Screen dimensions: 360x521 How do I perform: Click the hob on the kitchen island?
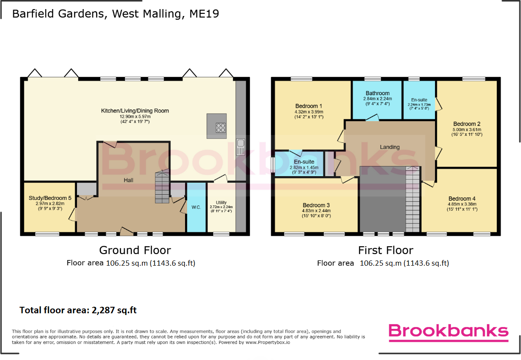(221, 128)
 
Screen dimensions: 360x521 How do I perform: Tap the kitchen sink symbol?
(240, 147)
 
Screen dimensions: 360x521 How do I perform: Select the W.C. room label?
(196, 207)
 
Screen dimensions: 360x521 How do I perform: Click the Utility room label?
(221, 202)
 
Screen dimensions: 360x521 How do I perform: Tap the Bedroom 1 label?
(308, 106)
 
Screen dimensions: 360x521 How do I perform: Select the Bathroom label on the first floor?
(377, 93)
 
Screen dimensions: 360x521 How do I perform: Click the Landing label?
(390, 147)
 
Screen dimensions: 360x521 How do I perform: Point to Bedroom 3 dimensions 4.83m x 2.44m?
(316, 211)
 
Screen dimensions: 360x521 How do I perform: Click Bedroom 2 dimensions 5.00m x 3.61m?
(467, 129)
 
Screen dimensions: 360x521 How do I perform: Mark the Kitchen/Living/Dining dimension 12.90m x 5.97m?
(135, 116)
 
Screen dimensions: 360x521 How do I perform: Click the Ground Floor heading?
(135, 250)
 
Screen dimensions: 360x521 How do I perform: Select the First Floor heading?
(386, 250)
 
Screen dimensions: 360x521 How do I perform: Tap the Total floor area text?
(78, 310)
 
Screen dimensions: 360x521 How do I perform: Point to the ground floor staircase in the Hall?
(162, 186)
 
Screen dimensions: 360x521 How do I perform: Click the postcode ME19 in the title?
(204, 14)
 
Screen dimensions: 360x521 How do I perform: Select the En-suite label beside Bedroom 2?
(419, 100)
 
